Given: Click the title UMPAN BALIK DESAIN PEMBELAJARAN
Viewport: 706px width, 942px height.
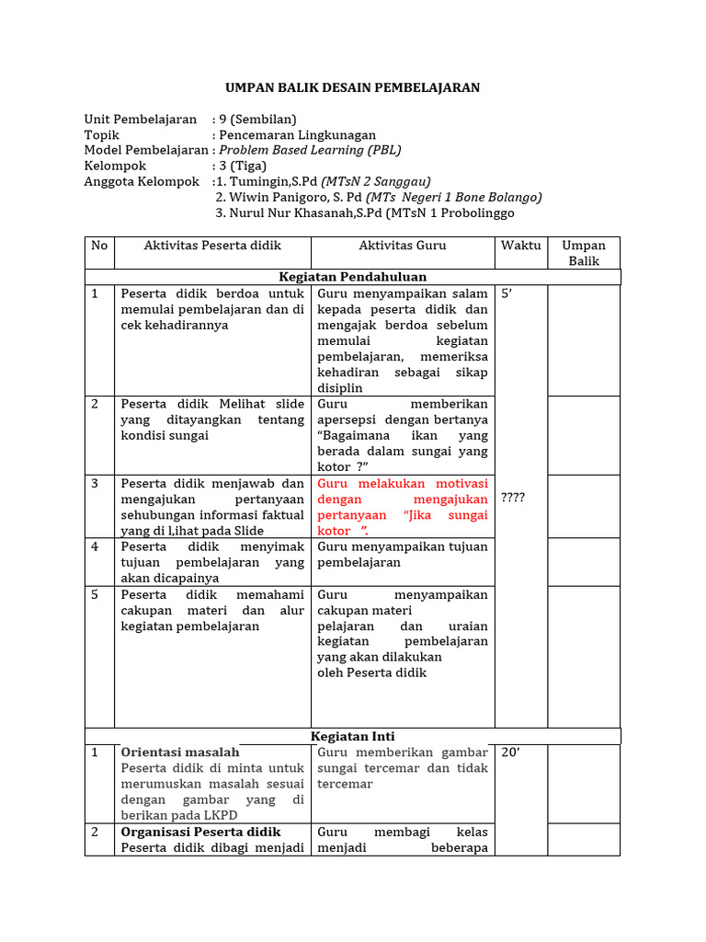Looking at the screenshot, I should (x=353, y=88).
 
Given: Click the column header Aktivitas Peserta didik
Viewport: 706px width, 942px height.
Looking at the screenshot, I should (x=212, y=246).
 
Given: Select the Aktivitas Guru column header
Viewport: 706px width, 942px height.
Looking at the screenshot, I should (x=403, y=246).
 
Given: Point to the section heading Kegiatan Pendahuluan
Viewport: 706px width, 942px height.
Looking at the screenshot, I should (x=353, y=277).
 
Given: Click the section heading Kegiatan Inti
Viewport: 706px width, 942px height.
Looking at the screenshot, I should (x=353, y=736).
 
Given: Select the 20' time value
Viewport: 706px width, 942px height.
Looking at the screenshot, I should (x=511, y=752).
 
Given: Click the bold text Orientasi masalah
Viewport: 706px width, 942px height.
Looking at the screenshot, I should (x=180, y=752).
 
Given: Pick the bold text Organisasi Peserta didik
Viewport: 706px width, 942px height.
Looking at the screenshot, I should (x=200, y=832).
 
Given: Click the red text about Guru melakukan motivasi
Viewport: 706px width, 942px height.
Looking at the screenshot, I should (x=403, y=507).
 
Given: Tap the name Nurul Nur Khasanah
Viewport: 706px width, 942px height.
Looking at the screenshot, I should (x=284, y=213).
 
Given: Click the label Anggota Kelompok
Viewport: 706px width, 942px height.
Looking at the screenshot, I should (x=142, y=182).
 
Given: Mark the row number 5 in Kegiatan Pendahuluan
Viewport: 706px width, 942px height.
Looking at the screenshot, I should (x=95, y=595).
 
